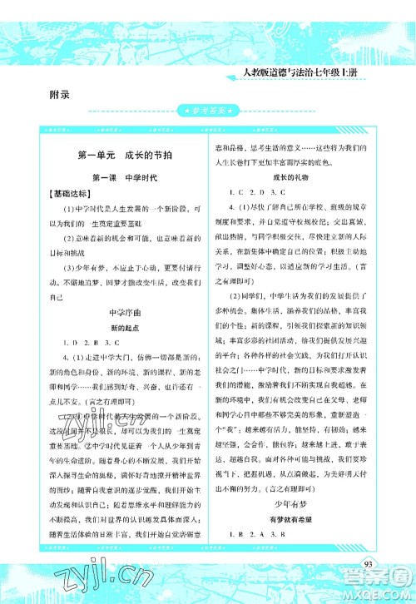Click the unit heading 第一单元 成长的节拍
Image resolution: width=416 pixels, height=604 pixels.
pos(116,156)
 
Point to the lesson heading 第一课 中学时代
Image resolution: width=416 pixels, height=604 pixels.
pos(117,178)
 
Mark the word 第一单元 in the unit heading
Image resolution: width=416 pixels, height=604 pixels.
pos(96,156)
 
